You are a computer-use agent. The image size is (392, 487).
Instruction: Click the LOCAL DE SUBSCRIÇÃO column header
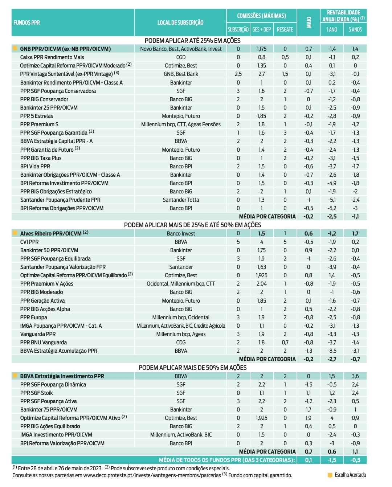tap(180, 22)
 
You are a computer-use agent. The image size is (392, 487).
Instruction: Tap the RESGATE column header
tap(285, 29)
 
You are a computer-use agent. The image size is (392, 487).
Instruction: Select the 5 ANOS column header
tap(355, 29)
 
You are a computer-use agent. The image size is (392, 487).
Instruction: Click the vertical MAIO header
tap(309, 22)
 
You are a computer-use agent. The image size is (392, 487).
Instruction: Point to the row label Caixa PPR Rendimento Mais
tap(52, 57)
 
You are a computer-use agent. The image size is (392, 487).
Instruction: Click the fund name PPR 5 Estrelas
tap(36, 116)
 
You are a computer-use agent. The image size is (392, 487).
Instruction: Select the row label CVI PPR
tap(29, 242)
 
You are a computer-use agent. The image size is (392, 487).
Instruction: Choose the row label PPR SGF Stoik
tap(36, 393)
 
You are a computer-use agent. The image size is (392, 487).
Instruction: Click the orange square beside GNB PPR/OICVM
tap(15, 49)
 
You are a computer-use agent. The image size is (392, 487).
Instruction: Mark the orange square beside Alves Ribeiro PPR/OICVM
tap(15, 233)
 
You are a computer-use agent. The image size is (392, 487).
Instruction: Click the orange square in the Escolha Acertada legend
tap(330, 475)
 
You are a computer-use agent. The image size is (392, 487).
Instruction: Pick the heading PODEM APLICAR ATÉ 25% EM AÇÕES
tap(192, 41)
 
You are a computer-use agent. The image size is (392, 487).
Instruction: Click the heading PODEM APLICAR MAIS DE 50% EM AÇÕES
tap(192, 368)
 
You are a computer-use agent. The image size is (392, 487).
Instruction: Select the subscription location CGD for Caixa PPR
tap(181, 57)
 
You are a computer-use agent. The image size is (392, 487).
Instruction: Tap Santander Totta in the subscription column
tap(181, 200)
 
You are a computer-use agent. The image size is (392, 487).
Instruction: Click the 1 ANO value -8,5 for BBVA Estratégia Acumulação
tap(332, 351)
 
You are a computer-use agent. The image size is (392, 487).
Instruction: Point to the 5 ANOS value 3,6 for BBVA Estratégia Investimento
tap(355, 376)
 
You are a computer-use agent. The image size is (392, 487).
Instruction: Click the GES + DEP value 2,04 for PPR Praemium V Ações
tap(261, 284)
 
